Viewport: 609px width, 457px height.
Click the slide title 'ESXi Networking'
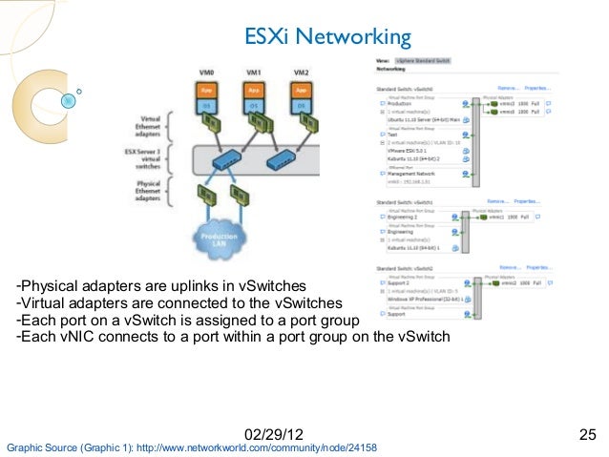tap(328, 37)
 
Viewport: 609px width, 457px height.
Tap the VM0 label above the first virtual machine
tap(204, 73)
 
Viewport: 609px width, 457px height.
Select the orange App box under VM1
tap(254, 90)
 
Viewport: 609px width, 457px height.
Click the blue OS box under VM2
tap(302, 106)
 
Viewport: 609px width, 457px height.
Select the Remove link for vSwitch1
tap(496, 202)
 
